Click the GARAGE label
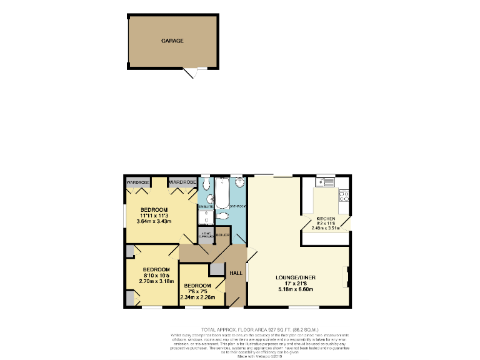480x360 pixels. [x=172, y=41]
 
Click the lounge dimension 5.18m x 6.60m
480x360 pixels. [x=297, y=289]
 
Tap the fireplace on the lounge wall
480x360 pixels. [x=347, y=276]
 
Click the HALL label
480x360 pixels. [x=236, y=273]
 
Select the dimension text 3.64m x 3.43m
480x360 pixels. [x=153, y=222]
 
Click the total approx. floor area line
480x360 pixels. [x=259, y=329]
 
